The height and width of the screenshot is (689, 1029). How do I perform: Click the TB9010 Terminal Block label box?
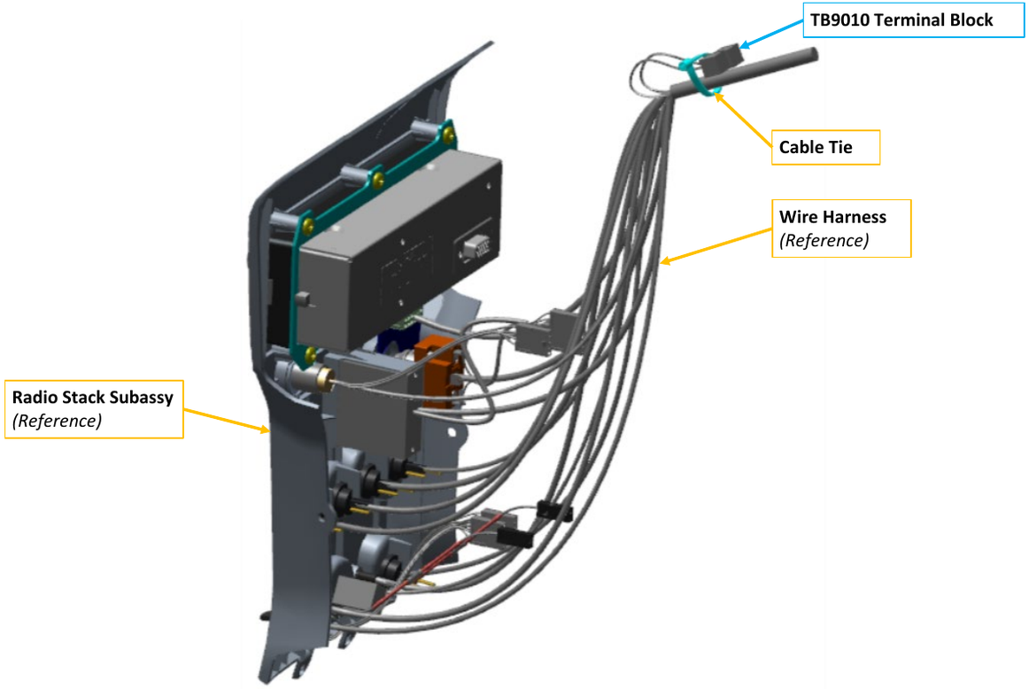[913, 19]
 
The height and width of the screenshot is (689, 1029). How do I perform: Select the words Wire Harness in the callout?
[832, 216]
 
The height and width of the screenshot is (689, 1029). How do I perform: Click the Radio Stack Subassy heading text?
[92, 397]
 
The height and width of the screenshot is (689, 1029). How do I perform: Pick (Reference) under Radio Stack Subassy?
[57, 421]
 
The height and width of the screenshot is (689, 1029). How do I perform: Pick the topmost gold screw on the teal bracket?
[453, 134]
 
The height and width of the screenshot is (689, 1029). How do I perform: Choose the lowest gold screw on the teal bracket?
[309, 354]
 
